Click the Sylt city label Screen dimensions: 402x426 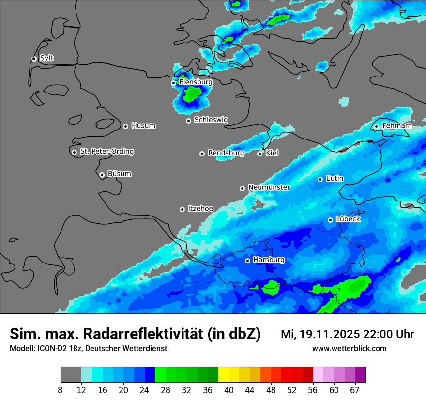tap(46, 58)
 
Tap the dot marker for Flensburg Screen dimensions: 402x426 tap(173, 83)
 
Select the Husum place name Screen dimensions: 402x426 tap(143, 126)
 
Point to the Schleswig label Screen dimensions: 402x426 tap(211, 120)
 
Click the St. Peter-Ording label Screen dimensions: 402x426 tap(106, 152)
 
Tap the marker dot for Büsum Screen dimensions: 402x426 tap(102, 175)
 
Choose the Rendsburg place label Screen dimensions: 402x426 tap(226, 153)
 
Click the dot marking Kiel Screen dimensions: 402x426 tap(259, 154)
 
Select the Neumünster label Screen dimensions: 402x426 tap(269, 187)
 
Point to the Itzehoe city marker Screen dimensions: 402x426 tap(182, 209)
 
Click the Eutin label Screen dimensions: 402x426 tap(335, 178)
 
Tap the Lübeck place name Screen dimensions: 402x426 tap(348, 219)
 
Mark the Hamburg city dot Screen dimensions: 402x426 tap(247, 261)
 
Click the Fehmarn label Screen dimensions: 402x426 tap(397, 126)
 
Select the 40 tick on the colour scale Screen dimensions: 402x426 tap(229, 390)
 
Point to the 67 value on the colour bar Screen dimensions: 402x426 tap(355, 390)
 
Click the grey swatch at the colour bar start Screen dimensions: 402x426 tap(71, 374)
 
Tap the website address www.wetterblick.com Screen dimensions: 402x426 tap(349, 348)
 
